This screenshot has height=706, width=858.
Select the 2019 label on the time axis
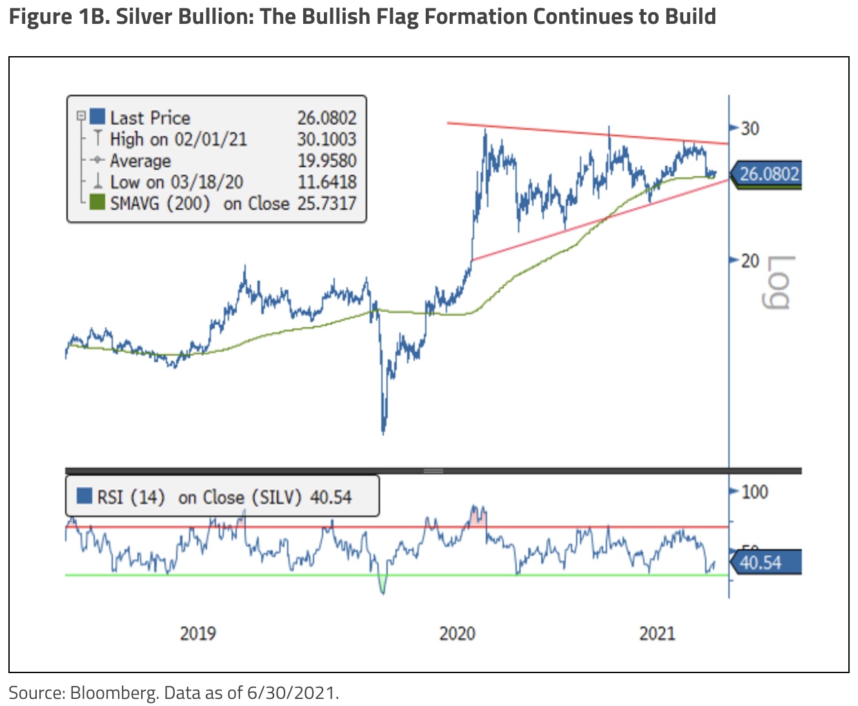[197, 633]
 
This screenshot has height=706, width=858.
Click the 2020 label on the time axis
[457, 633]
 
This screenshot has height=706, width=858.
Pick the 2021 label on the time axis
[657, 633]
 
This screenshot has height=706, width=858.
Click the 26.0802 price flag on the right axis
[768, 174]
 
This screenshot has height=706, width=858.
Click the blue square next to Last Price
[97, 117]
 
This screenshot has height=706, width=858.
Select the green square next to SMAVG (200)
[97, 203]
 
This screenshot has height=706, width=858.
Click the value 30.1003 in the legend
[326, 139]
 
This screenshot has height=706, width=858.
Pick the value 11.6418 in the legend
[326, 182]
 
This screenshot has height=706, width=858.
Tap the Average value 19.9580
[326, 161]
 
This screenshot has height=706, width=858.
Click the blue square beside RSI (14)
[84, 496]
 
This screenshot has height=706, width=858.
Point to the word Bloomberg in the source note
[113, 693]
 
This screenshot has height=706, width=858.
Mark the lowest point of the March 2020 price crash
[383, 432]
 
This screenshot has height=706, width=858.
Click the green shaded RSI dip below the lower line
[383, 584]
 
